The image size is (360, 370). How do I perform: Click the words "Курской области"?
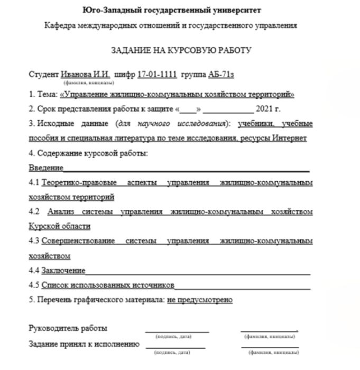[60, 227]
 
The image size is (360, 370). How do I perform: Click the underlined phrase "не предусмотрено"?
[200, 300]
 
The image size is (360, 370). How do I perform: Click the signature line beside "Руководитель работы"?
[177, 330]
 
